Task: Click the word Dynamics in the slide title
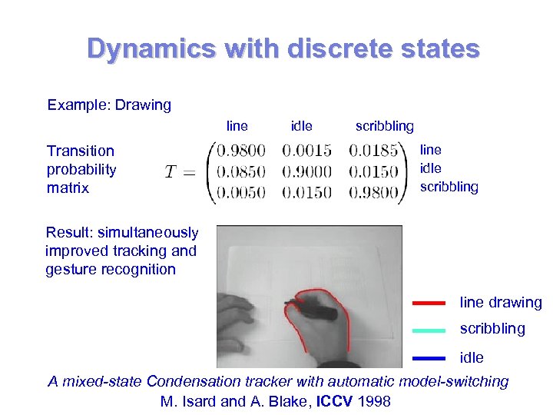click(x=151, y=48)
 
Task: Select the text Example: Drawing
click(x=109, y=105)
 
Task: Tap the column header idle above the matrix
click(x=302, y=125)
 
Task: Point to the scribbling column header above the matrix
click(x=384, y=125)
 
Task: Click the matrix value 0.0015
click(x=307, y=151)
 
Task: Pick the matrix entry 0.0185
click(x=373, y=151)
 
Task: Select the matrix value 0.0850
click(x=241, y=171)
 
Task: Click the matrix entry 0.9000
click(x=307, y=171)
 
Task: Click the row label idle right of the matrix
click(x=431, y=168)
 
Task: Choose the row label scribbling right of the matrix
click(x=449, y=187)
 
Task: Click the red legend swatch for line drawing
click(x=429, y=303)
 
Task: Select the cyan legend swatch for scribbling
click(x=429, y=330)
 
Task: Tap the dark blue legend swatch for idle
click(x=429, y=358)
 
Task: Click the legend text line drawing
click(x=501, y=303)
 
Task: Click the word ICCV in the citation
click(x=331, y=401)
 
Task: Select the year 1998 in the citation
click(x=374, y=401)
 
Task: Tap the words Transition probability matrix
click(x=81, y=169)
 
